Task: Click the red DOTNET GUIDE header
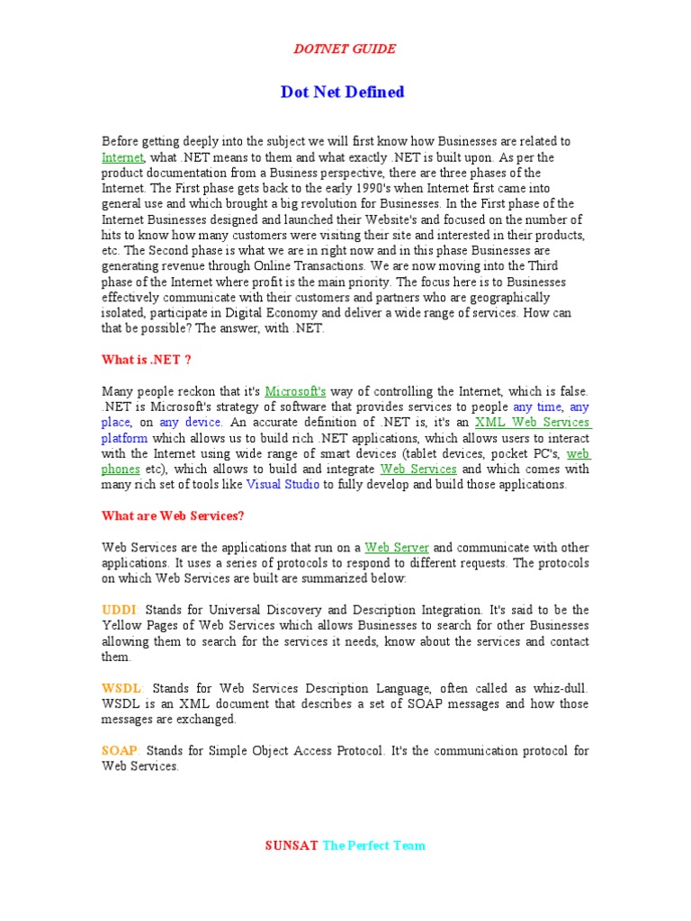pos(345,49)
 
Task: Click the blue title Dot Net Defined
pos(343,92)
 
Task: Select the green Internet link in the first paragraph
pos(122,156)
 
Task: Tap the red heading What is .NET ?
pos(146,360)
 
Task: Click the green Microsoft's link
pos(295,391)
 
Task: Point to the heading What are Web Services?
pos(173,515)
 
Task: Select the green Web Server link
pos(397,547)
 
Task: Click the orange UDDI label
pos(119,610)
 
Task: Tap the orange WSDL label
pos(121,688)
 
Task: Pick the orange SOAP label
pos(120,751)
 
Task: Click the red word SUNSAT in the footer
pos(292,845)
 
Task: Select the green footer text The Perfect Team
pos(373,845)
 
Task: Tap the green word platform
pos(124,438)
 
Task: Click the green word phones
pos(121,469)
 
